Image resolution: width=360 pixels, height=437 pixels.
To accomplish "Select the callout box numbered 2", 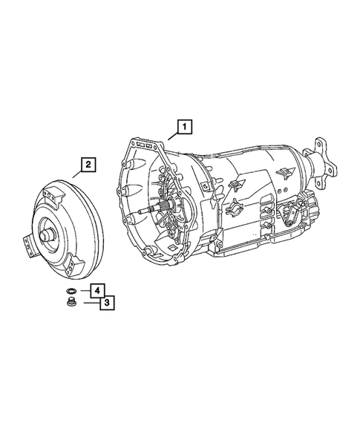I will (88, 165).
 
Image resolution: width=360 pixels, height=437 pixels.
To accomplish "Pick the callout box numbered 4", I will (97, 289).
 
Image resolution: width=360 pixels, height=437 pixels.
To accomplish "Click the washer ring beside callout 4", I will (72, 289).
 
